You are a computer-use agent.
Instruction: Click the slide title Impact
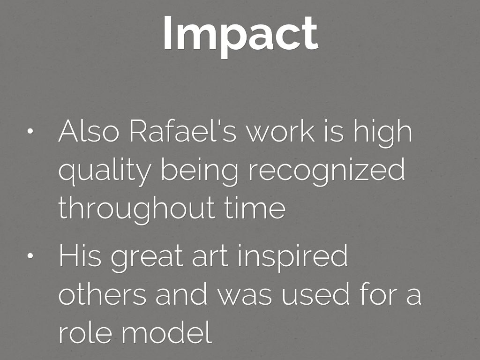click(240, 34)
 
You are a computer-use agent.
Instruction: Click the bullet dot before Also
click(30, 132)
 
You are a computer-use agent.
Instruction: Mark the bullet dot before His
click(30, 256)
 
